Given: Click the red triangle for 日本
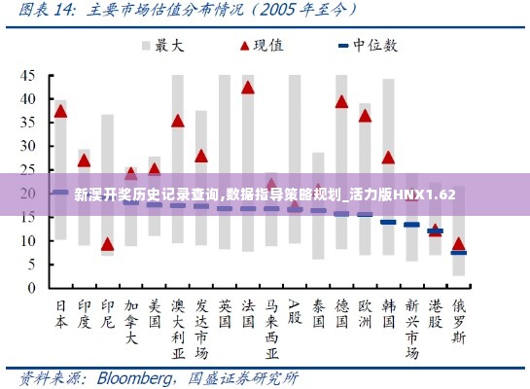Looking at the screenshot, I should point(60,111).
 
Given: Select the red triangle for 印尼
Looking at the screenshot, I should point(107,244).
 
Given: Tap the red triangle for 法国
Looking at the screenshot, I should point(248,88).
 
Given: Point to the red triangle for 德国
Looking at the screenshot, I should point(341,101).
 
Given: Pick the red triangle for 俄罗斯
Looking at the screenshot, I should point(458,244).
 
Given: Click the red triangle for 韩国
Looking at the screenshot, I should point(388,158).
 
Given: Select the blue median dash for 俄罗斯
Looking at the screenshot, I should point(458,253).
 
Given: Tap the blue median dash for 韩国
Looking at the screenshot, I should point(388,222).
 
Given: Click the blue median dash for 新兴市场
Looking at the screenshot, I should point(411,225).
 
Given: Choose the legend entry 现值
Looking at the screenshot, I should point(254,45).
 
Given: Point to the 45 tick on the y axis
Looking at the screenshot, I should point(28,75).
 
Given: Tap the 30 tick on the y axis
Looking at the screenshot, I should point(28,146).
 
